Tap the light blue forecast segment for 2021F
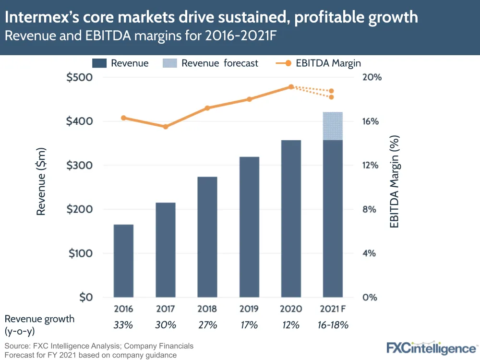333,126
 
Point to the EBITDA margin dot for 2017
166,127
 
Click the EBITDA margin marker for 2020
291,87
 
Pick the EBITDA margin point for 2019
249,99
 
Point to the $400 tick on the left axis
80,121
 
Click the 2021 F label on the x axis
332,309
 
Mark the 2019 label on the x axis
249,309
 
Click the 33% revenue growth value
123,325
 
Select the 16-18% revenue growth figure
332,325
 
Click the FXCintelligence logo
431,348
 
